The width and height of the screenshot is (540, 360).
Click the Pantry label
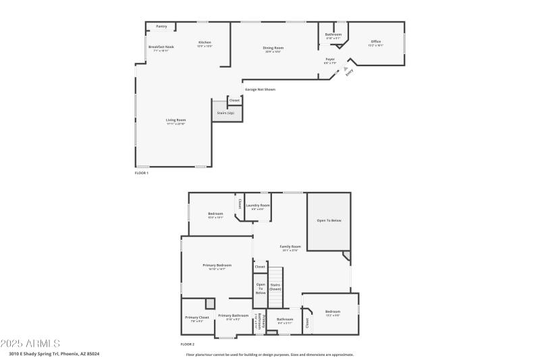(x=161, y=26)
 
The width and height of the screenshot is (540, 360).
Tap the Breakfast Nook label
(x=161, y=47)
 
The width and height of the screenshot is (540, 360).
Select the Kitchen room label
(x=205, y=43)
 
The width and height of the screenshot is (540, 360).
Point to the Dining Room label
(x=273, y=48)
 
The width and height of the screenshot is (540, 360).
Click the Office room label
(x=375, y=42)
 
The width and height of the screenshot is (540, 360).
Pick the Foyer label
(x=330, y=59)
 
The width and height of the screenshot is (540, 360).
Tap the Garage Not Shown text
(x=260, y=89)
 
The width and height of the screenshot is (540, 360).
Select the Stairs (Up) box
(x=226, y=112)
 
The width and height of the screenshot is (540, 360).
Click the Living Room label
(x=175, y=120)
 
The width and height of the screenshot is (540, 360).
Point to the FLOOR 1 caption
(x=142, y=174)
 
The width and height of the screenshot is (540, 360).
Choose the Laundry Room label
(x=257, y=205)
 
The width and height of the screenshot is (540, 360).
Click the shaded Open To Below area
(x=329, y=221)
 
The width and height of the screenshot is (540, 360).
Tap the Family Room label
(x=290, y=247)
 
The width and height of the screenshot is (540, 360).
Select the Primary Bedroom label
(x=217, y=265)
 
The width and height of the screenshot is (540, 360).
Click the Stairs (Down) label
(x=275, y=286)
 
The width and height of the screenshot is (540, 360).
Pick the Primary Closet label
(x=197, y=317)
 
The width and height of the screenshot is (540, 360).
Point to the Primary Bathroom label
(x=234, y=316)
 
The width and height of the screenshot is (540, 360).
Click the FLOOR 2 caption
(x=187, y=344)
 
